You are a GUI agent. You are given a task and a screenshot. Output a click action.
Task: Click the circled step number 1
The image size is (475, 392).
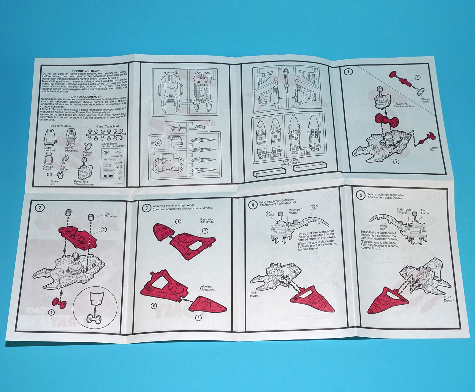point(348,72)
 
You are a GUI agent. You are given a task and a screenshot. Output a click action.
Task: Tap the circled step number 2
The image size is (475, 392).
point(40,208)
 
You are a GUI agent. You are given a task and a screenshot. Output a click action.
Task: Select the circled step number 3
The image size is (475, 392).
point(146,208)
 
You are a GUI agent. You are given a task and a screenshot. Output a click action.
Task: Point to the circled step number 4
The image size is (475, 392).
point(253,205)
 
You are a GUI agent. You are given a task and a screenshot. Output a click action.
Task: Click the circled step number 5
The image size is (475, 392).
point(360,195)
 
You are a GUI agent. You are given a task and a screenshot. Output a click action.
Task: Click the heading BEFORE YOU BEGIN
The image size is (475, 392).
point(86,71)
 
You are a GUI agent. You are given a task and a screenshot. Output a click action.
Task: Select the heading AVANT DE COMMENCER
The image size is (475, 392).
point(85,97)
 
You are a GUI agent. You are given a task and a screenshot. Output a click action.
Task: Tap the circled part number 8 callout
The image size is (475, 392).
point(178,222)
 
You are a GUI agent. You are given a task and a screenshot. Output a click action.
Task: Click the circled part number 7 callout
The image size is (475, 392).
point(205,231)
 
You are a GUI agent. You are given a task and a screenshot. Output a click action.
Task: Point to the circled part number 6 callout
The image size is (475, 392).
point(198,318)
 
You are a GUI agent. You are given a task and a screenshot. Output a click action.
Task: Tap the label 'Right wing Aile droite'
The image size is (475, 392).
point(207,221)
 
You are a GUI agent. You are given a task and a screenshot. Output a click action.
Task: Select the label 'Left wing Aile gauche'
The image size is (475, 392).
point(207,288)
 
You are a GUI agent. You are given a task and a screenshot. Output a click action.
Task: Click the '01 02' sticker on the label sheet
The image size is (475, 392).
point(108,176)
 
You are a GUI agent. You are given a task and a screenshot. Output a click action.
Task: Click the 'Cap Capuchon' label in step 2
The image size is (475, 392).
point(111,215)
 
